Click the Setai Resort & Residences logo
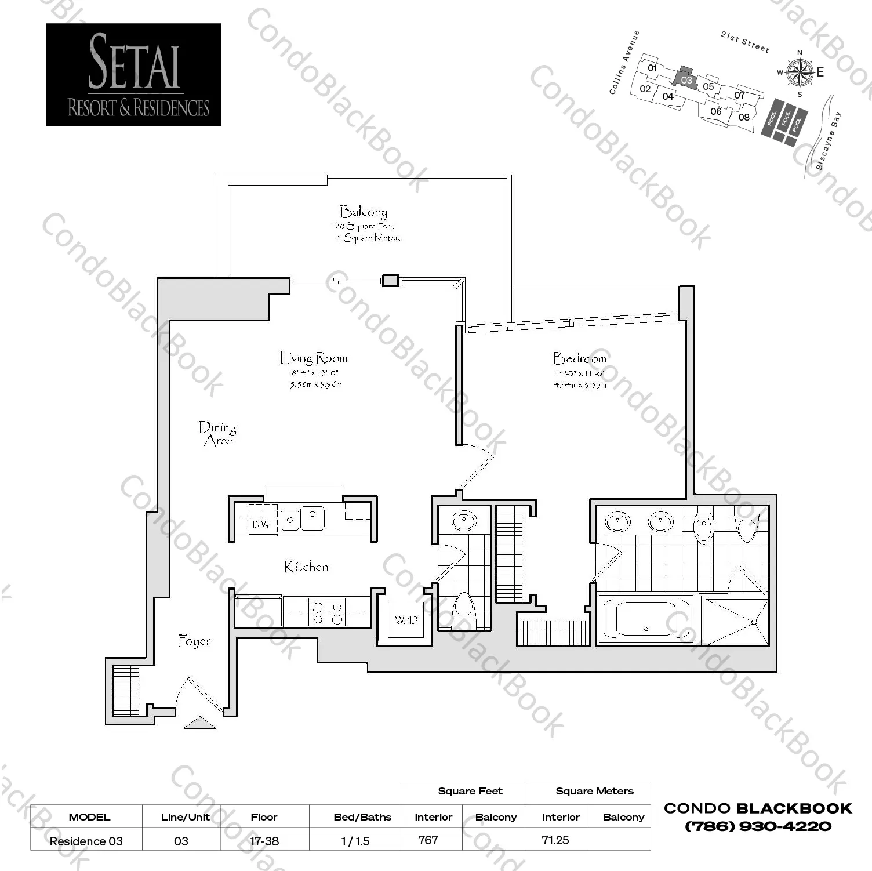[x=133, y=74]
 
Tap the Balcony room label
[x=364, y=211]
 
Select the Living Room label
[x=313, y=358]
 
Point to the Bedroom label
[x=579, y=358]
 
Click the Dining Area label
[x=217, y=434]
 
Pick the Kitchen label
[x=306, y=567]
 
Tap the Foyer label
[x=194, y=641]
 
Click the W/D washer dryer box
[x=406, y=620]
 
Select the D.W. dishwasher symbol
[x=262, y=523]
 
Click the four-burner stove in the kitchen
[x=327, y=613]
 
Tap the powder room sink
[x=464, y=520]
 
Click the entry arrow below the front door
[x=199, y=723]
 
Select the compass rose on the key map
[x=800, y=72]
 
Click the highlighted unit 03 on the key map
[x=686, y=79]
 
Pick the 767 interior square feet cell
[x=428, y=840]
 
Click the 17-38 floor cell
[x=264, y=841]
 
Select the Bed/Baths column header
[x=362, y=817]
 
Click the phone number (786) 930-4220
[x=758, y=826]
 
